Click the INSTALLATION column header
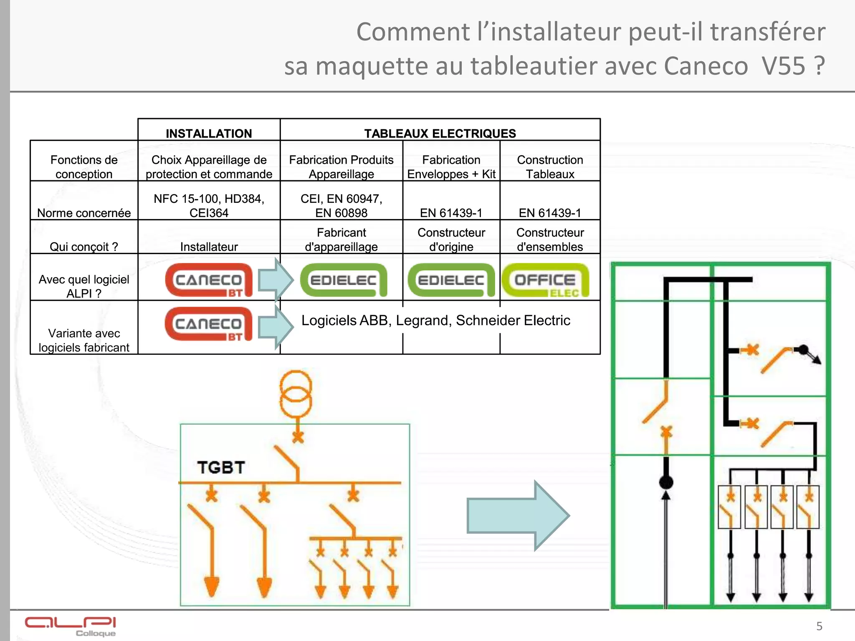point(209,133)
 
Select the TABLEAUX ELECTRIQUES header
point(440,133)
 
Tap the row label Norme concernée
point(84,213)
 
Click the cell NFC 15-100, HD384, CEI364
point(209,206)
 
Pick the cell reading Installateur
point(209,247)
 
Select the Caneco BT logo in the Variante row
point(209,324)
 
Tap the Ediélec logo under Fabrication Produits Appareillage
point(343,280)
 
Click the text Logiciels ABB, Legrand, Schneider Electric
point(435,320)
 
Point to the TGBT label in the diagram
point(221,467)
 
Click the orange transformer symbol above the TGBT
point(296,394)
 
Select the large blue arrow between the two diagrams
point(518,515)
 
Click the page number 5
point(819,626)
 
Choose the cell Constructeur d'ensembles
point(550,240)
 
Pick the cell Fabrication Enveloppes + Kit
point(451,167)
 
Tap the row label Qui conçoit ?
point(84,247)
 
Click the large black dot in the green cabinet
point(666,482)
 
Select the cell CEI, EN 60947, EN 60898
point(341,206)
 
